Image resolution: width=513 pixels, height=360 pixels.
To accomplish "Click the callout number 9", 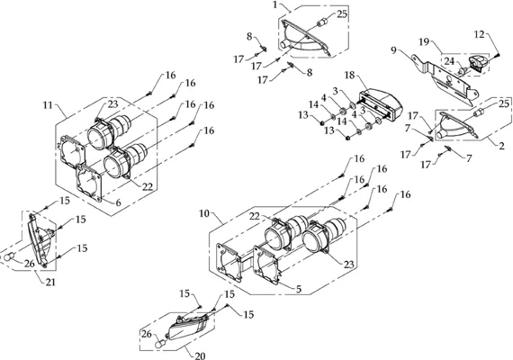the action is click(x=393, y=50).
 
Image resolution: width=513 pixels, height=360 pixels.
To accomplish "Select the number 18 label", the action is click(x=350, y=75).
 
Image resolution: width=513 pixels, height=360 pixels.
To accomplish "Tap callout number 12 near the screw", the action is click(x=480, y=34).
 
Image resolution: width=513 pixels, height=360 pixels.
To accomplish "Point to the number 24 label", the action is click(x=449, y=61).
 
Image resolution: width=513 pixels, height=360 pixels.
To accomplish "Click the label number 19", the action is click(x=424, y=42).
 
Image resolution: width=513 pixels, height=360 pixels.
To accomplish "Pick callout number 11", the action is click(x=48, y=105).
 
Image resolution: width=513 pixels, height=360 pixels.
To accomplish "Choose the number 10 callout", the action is click(x=204, y=213).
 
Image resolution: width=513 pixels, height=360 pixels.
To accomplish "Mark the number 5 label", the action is click(x=299, y=289).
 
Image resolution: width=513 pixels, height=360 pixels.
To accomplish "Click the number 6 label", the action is click(x=118, y=202).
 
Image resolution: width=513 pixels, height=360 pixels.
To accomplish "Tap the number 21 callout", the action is click(x=50, y=282).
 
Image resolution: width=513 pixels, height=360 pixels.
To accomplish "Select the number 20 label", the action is click(x=200, y=355).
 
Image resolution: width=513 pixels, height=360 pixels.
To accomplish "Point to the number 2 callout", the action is click(x=501, y=146).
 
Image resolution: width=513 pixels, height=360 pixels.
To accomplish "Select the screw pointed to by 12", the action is click(x=498, y=56).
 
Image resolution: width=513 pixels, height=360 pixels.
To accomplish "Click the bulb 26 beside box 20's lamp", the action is click(x=159, y=344).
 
